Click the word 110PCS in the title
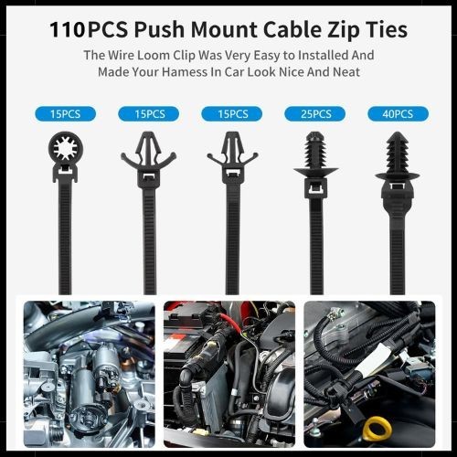click(x=89, y=29)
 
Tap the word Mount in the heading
click(x=224, y=29)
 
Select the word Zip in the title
click(x=344, y=30)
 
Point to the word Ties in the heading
click(x=387, y=29)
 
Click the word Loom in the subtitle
click(x=154, y=56)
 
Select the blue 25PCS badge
click(x=315, y=114)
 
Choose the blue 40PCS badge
click(x=398, y=114)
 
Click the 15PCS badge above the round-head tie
click(x=66, y=114)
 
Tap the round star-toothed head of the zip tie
click(x=66, y=149)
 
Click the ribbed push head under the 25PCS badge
click(x=315, y=154)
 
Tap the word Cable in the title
click(x=292, y=29)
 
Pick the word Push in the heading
click(x=159, y=29)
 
